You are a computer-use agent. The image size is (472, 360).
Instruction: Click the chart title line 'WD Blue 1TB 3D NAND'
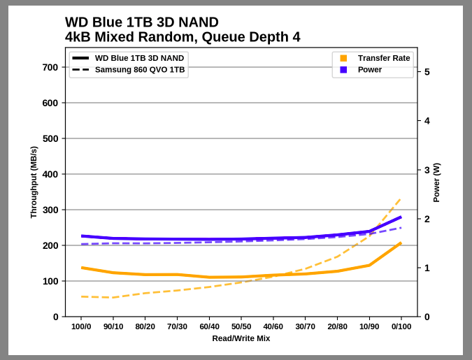(x=141, y=22)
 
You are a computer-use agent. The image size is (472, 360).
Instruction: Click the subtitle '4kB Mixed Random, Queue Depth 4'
(x=183, y=37)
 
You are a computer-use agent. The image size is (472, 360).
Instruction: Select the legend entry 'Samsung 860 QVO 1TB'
(x=140, y=70)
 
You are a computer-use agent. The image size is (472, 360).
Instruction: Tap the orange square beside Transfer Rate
(x=343, y=58)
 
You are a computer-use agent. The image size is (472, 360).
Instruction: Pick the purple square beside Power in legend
(x=343, y=70)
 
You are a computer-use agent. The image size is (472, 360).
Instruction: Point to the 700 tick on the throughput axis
(x=50, y=68)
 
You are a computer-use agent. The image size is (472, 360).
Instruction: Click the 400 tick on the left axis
(x=50, y=175)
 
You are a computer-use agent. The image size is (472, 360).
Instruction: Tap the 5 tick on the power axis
(x=427, y=72)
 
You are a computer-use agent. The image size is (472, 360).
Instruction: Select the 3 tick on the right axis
(x=427, y=170)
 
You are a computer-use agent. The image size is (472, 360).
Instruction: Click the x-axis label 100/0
(x=81, y=326)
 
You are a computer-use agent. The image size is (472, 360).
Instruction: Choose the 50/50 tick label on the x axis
(x=241, y=326)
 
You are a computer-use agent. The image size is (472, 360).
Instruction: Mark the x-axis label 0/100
(x=401, y=326)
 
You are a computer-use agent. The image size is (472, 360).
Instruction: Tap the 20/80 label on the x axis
(x=337, y=326)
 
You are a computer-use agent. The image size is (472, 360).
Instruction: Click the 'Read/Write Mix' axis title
(x=241, y=338)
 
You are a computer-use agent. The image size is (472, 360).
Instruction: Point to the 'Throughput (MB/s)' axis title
(x=34, y=182)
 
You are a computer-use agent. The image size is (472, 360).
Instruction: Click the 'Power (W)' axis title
(x=436, y=182)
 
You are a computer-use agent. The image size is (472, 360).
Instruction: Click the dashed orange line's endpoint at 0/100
(x=401, y=198)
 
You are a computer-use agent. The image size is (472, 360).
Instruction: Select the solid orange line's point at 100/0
(x=82, y=268)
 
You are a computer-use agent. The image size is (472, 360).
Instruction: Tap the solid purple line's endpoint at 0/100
(x=401, y=217)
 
